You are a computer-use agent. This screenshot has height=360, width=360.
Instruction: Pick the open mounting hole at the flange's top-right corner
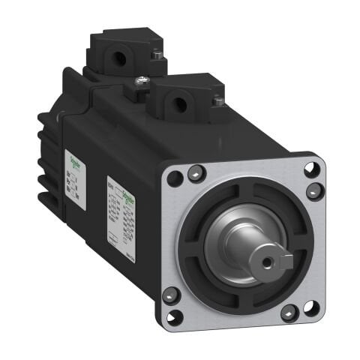pos(310,169)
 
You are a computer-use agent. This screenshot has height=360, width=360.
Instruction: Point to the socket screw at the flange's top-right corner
pos(313,190)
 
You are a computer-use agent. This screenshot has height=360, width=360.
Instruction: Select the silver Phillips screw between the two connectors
pos(139,81)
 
